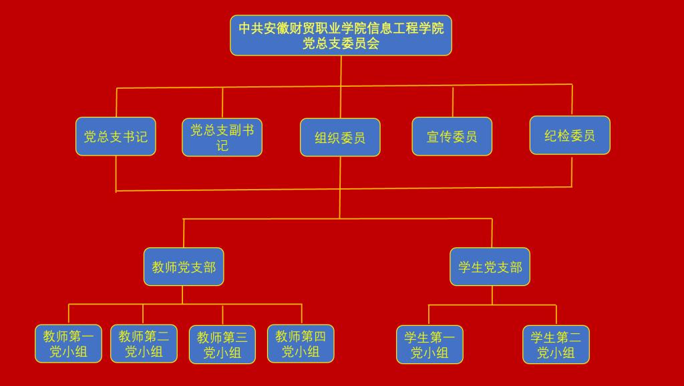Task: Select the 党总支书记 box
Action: (116, 137)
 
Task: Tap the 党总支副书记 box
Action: (222, 138)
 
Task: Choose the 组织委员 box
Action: (340, 138)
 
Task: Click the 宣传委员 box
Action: (452, 137)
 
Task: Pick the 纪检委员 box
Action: (570, 136)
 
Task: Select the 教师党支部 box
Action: (184, 267)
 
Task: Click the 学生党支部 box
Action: (490, 267)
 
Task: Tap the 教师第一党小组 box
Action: (68, 344)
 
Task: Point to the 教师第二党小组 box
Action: (144, 344)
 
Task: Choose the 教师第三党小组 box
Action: (222, 345)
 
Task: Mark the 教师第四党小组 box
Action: (301, 344)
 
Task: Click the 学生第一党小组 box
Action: (430, 345)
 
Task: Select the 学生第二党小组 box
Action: (556, 345)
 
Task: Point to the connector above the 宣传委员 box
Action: (453, 102)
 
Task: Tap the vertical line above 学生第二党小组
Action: (556, 315)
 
